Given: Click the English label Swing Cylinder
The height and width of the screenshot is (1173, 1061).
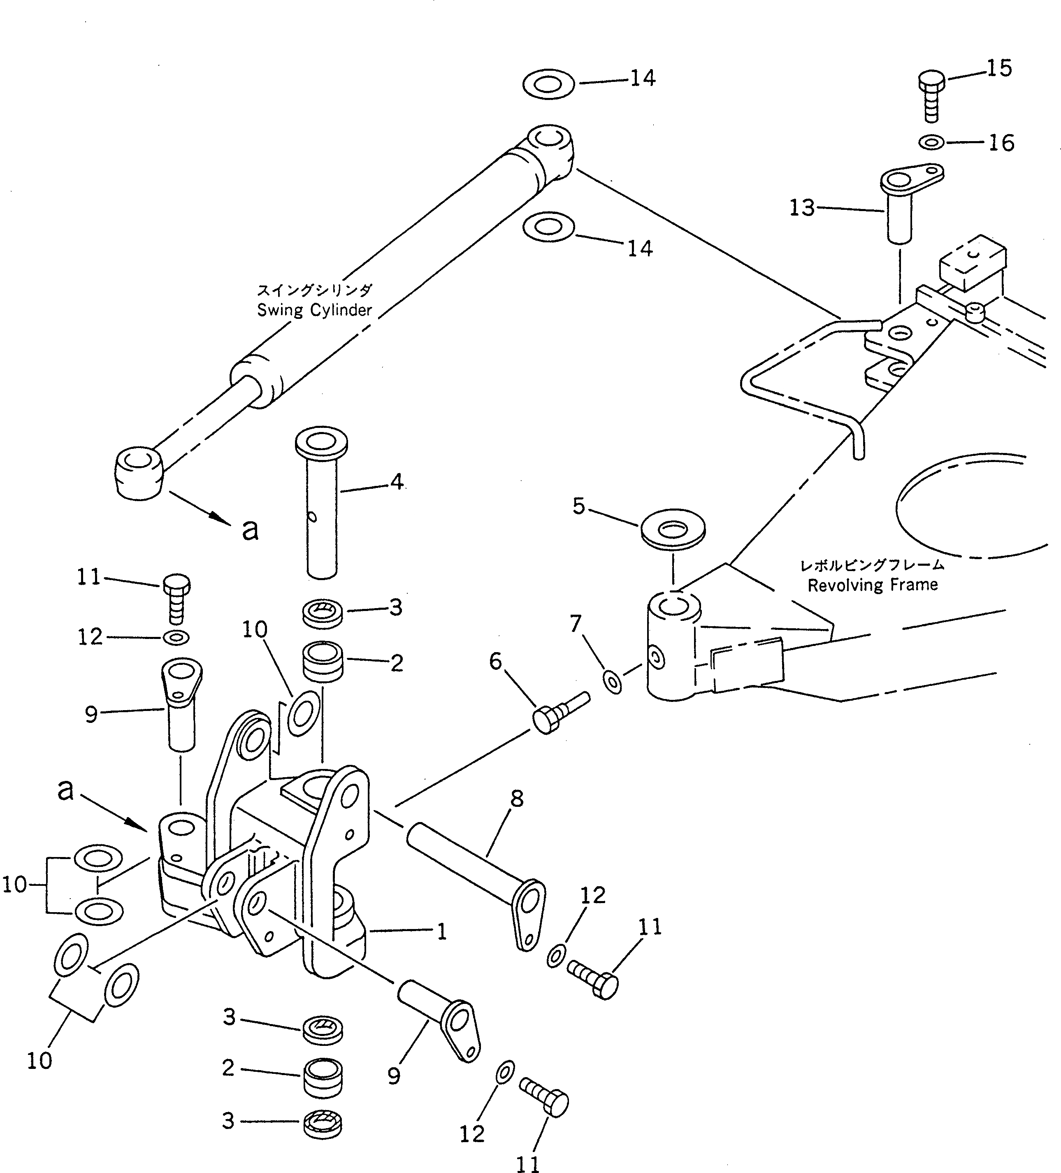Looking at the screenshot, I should tap(314, 310).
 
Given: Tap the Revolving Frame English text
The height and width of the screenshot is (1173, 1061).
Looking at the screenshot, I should tap(873, 585).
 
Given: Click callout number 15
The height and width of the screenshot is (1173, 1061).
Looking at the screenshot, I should tap(999, 69).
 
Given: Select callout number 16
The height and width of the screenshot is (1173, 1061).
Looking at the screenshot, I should tap(1001, 143).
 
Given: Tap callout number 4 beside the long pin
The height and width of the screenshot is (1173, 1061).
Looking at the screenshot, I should tap(397, 482).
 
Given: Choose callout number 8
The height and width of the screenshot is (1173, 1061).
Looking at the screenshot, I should tap(517, 799).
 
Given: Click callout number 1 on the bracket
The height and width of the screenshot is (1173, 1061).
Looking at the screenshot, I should tap(441, 932).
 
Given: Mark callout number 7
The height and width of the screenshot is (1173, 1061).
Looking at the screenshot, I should tap(575, 624).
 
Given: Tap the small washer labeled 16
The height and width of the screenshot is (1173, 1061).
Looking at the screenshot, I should tap(932, 142).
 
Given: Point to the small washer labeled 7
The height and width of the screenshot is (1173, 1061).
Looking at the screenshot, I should tap(612, 681).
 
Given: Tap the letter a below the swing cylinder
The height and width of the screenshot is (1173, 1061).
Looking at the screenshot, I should tap(250, 529).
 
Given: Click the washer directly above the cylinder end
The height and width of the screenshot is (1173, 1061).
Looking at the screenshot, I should tap(548, 84).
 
